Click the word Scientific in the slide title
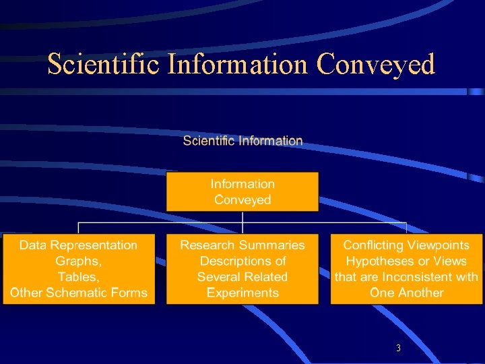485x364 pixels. (103, 65)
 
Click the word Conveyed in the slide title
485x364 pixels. (375, 65)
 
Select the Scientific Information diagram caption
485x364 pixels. (243, 141)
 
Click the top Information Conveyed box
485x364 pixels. (243, 191)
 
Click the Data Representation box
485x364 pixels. (79, 269)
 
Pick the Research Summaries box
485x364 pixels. (243, 269)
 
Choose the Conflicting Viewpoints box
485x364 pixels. (406, 269)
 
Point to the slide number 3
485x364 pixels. (399, 348)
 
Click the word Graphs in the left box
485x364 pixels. (77, 262)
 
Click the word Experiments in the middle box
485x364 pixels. (243, 293)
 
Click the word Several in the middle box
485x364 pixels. (218, 277)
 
